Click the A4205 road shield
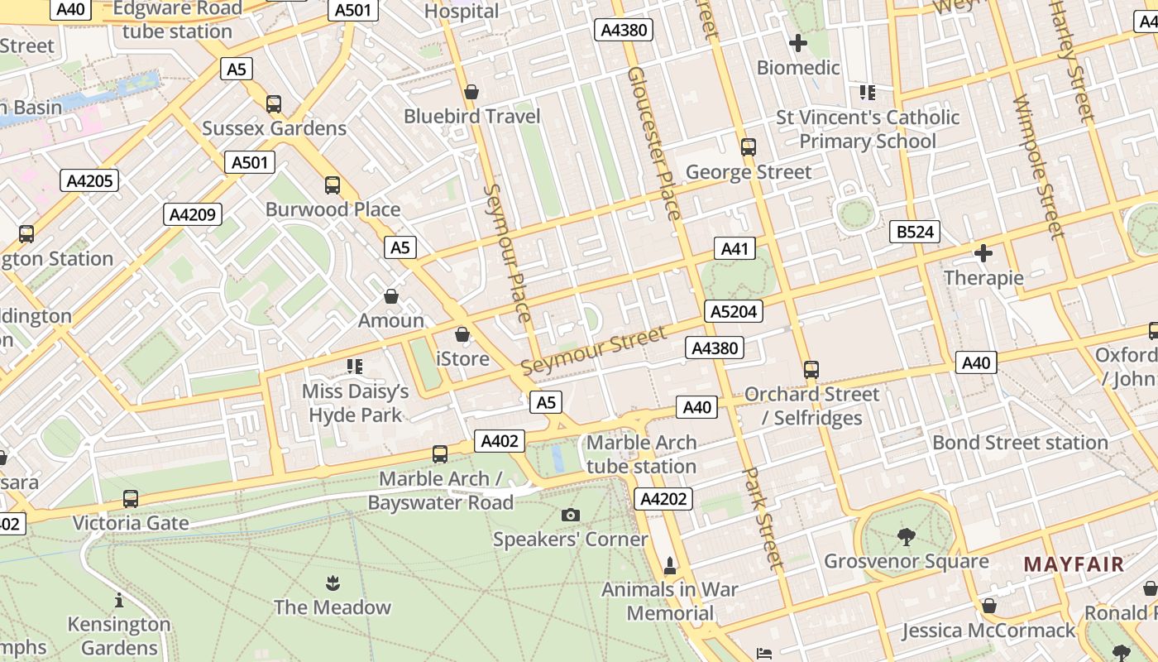(x=89, y=180)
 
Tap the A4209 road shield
(x=193, y=214)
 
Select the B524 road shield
(x=915, y=232)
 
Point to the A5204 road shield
(x=734, y=311)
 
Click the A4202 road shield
(x=663, y=498)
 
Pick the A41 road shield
(x=735, y=248)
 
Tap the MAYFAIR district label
(x=1074, y=564)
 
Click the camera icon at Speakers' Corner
(x=570, y=516)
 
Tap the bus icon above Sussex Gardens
(x=274, y=104)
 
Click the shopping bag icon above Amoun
(x=391, y=296)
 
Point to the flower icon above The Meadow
(x=333, y=583)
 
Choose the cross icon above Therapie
(x=983, y=253)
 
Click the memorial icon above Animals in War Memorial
(x=670, y=565)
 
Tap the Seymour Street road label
(x=593, y=350)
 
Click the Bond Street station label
(x=1020, y=443)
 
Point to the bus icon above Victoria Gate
(x=131, y=499)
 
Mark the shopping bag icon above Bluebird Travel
(x=471, y=92)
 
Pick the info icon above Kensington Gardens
(x=119, y=600)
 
